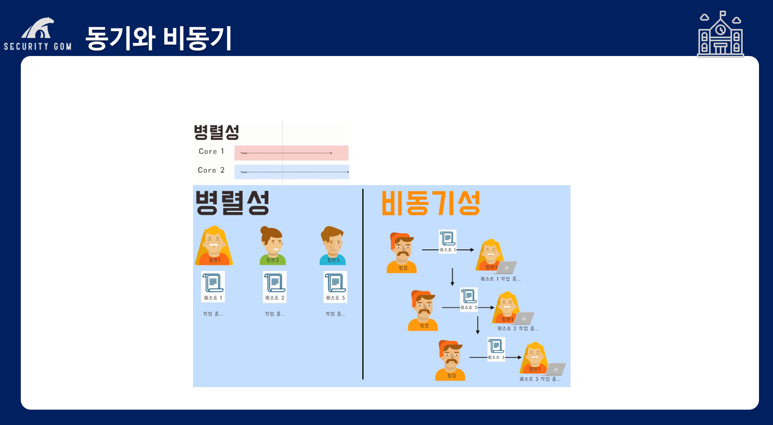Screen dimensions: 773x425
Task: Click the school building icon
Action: coord(721,35)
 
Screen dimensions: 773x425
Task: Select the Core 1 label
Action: coord(211,151)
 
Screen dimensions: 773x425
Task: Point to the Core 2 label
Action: coord(211,170)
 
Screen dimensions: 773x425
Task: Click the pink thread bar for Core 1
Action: coord(291,153)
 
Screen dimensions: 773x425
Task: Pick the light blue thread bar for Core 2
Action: coord(291,172)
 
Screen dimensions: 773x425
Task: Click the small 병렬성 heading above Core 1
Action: coord(216,132)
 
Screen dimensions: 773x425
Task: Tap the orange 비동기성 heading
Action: coord(430,203)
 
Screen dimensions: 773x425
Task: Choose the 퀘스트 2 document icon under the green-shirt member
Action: coord(274,286)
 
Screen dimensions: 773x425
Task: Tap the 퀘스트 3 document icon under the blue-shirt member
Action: coord(335,286)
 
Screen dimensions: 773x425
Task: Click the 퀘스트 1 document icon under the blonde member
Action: coord(213,286)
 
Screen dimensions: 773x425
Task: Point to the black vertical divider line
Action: coord(363,285)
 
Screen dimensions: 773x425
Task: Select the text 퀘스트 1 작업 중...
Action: coord(500,279)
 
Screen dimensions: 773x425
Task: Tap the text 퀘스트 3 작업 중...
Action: coord(540,379)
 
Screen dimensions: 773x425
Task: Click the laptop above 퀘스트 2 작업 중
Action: coord(524,318)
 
